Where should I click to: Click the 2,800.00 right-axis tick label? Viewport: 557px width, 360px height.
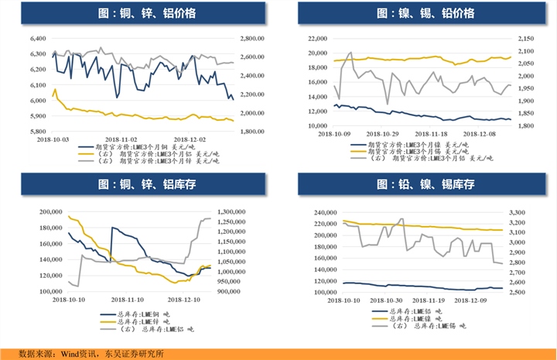253,38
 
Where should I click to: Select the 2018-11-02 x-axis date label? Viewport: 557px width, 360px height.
125,140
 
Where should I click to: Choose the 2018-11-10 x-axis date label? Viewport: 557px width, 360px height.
126,298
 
